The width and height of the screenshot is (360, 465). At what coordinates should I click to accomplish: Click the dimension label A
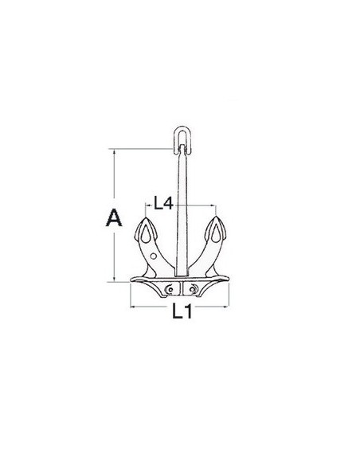(x=114, y=217)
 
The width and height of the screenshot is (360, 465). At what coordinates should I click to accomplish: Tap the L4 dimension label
(x=163, y=203)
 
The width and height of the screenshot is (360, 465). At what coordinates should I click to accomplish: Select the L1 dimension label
(x=182, y=312)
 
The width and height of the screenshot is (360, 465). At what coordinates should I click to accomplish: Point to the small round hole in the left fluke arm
(x=153, y=256)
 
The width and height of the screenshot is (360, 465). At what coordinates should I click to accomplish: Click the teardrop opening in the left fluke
(x=145, y=234)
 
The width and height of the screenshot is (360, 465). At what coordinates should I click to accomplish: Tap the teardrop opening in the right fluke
(x=216, y=234)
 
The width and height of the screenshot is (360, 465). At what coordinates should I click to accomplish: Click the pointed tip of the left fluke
(x=145, y=217)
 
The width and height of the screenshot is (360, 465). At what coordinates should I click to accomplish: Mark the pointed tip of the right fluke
(x=216, y=217)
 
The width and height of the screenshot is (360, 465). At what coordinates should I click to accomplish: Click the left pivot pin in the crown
(x=170, y=288)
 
